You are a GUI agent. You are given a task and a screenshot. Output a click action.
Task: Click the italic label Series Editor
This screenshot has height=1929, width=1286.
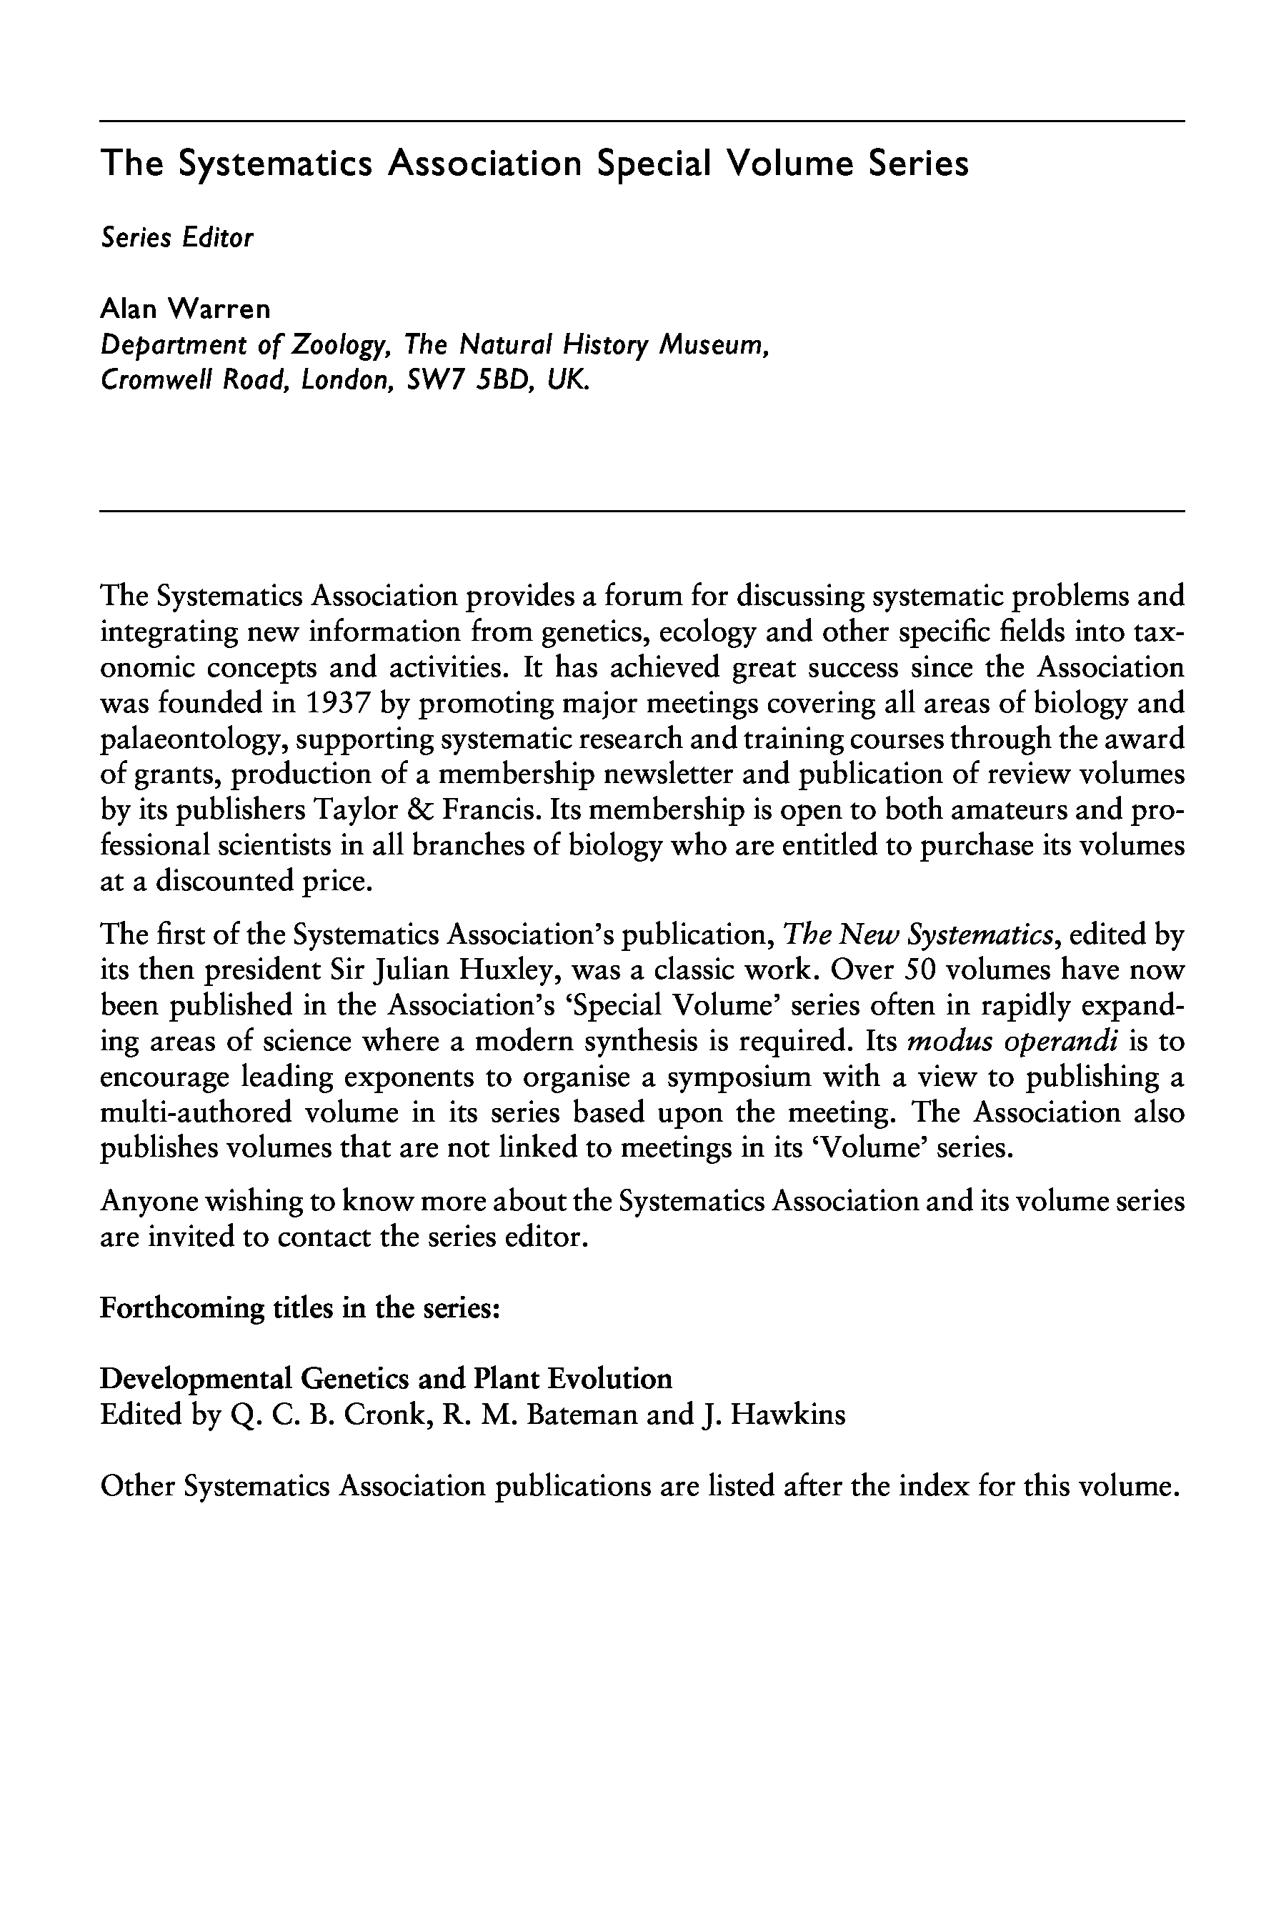click(x=176, y=238)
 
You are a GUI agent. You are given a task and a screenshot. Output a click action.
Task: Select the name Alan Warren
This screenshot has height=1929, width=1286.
click(x=184, y=309)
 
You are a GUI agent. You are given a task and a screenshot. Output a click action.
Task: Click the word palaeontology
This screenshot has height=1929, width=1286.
click(x=194, y=739)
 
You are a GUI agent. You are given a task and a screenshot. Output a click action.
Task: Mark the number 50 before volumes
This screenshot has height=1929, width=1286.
click(x=919, y=970)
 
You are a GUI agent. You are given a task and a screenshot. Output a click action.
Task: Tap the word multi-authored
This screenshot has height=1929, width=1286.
click(x=196, y=1113)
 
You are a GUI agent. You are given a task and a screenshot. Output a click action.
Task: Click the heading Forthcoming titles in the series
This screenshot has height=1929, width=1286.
click(x=300, y=1307)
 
